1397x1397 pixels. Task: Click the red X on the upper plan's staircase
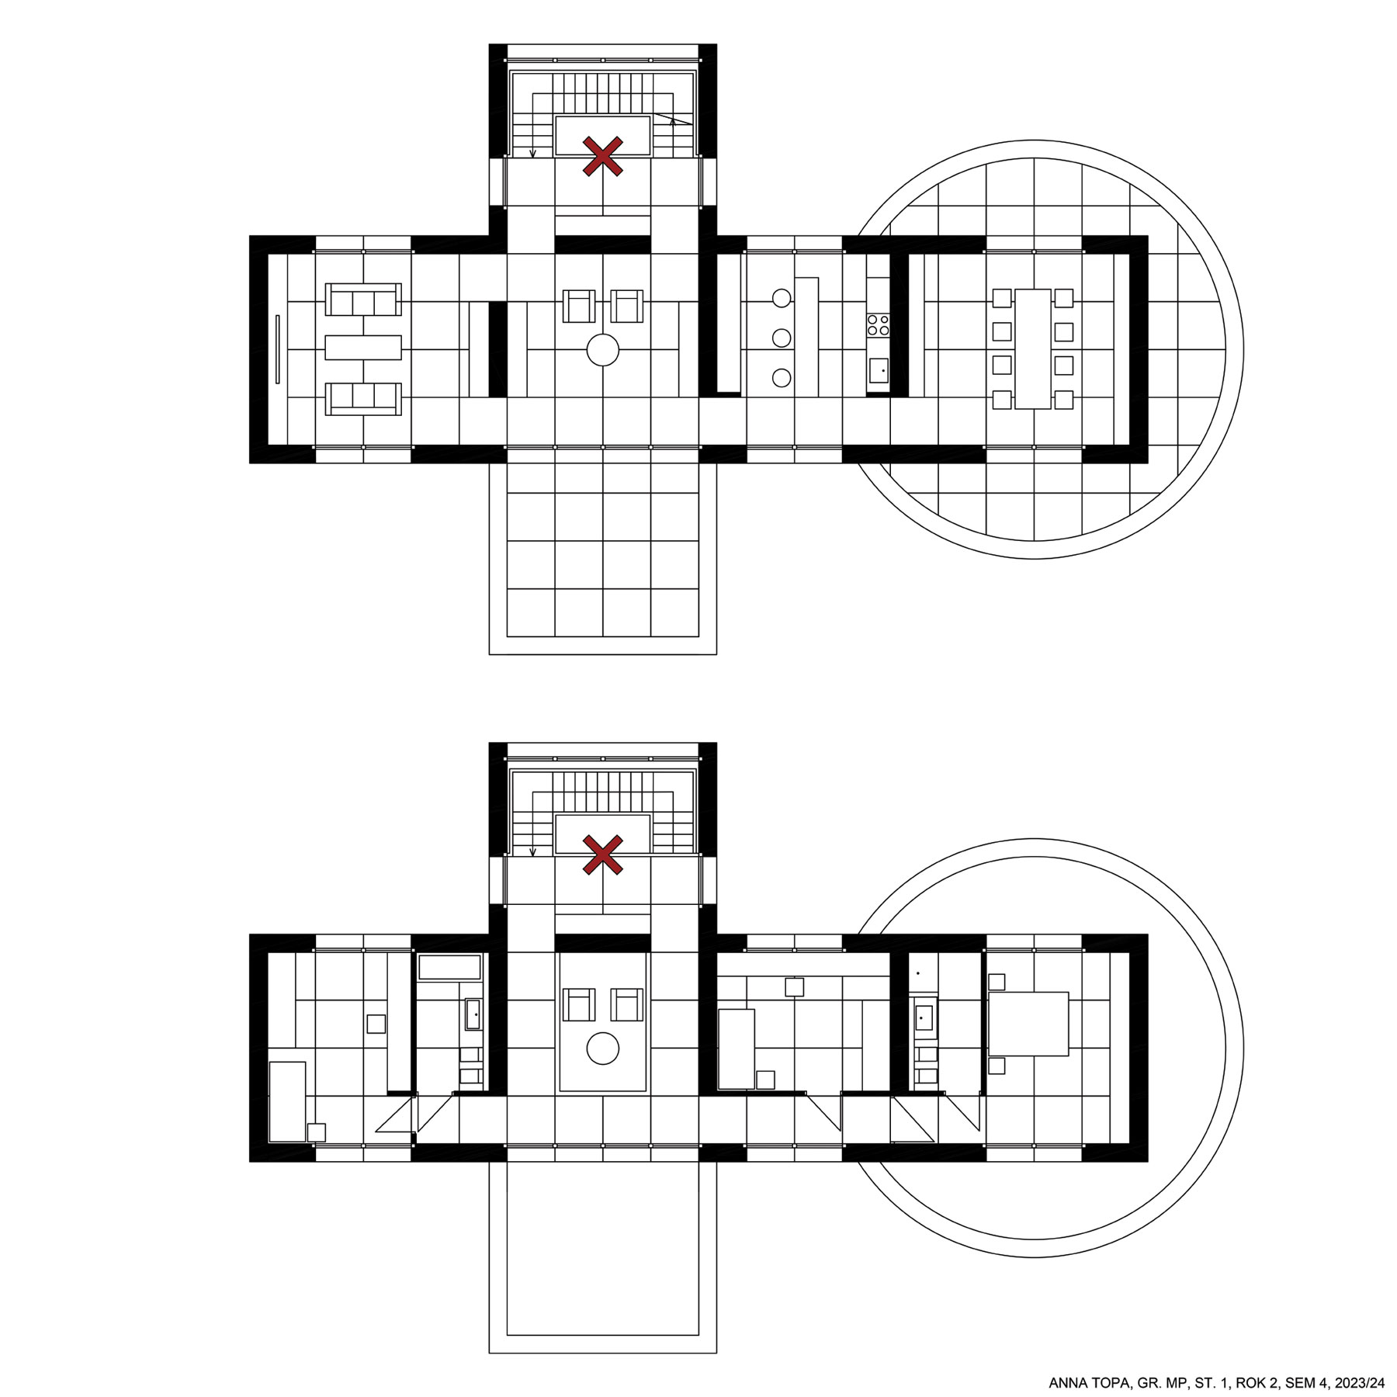(603, 156)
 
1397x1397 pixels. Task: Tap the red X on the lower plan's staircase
(603, 854)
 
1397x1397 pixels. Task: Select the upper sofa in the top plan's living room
(363, 300)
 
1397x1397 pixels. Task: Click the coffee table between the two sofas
(363, 347)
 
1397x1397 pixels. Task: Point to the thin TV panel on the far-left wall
(277, 348)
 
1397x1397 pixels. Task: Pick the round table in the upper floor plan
(603, 349)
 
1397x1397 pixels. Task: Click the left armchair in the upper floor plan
(578, 306)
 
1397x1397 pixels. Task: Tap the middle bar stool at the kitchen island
(782, 338)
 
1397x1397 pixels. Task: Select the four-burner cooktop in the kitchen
(878, 324)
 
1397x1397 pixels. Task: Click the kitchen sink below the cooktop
(879, 370)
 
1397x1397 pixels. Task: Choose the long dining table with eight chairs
(1032, 348)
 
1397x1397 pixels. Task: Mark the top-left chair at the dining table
(1002, 298)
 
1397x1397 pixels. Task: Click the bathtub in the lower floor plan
(449, 967)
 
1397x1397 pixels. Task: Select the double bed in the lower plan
(1028, 1023)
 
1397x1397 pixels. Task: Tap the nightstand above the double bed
(997, 982)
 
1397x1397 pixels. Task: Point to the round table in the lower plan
(603, 1049)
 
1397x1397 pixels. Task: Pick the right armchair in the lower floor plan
(627, 1004)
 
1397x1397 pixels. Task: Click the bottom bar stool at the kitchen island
(782, 378)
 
